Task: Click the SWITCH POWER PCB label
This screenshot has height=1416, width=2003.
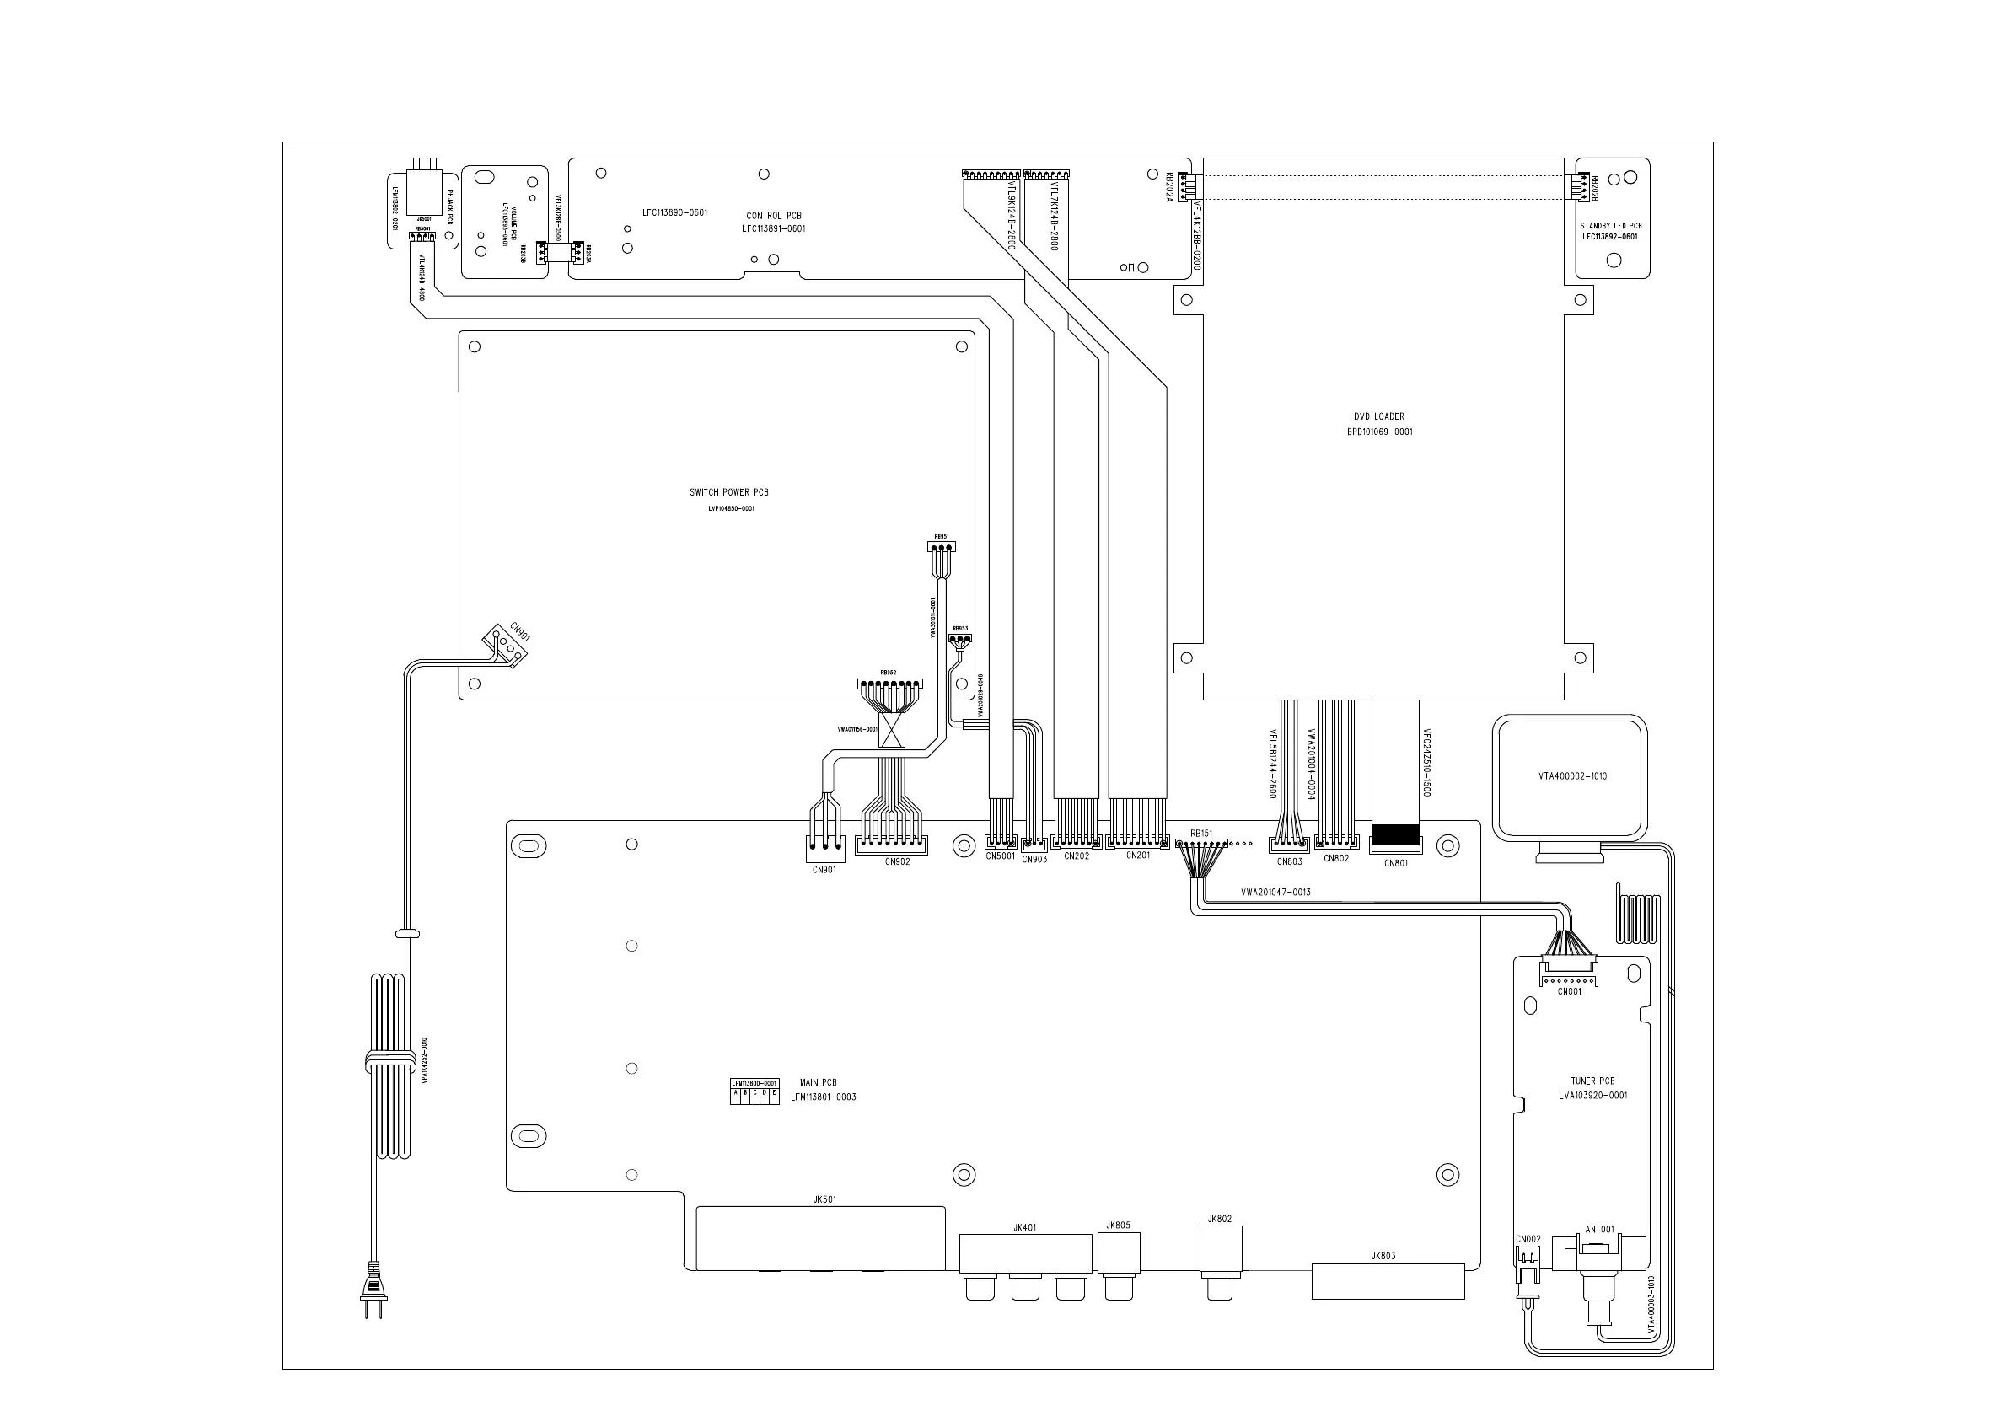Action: [x=728, y=493]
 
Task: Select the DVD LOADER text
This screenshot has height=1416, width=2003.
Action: [x=1378, y=417]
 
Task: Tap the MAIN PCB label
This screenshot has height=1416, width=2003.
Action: [x=818, y=1083]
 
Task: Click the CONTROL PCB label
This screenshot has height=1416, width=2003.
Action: [x=773, y=216]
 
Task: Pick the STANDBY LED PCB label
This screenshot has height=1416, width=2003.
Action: [x=1610, y=226]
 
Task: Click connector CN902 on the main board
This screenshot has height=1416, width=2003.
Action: [x=891, y=845]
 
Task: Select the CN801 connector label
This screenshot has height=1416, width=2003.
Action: [x=1396, y=864]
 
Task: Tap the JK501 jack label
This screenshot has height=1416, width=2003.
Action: [x=824, y=1199]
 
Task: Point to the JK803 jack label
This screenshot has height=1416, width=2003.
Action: [x=1383, y=1257]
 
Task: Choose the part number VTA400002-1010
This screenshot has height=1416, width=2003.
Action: [x=1572, y=776]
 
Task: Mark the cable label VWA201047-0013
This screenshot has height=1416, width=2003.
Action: [x=1275, y=893]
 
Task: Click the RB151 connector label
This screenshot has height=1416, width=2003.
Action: [x=1201, y=834]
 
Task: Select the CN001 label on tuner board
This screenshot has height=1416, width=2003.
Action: [x=1570, y=991]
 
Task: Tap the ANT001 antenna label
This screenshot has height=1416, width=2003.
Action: [x=1599, y=1229]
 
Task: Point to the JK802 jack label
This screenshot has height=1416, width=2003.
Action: [x=1220, y=1219]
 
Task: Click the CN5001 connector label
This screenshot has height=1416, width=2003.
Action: [x=1001, y=856]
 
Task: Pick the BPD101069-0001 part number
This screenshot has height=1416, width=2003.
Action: [x=1379, y=432]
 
